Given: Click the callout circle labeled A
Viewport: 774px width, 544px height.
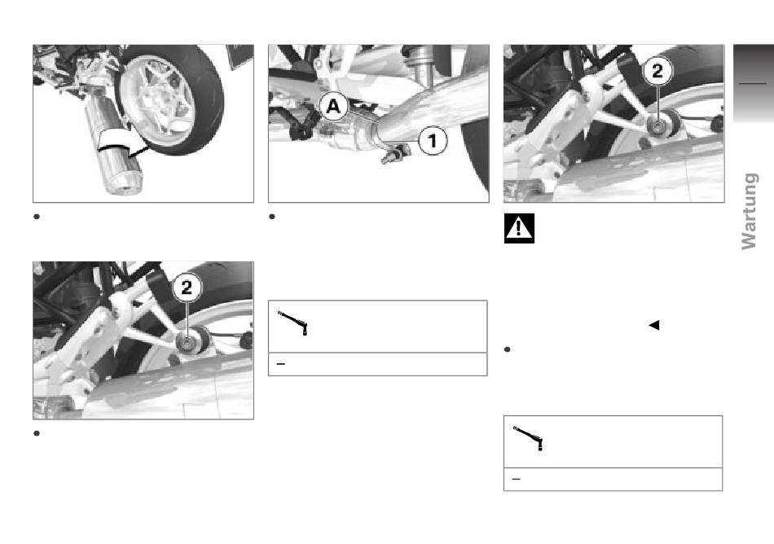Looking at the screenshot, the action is click(x=333, y=107).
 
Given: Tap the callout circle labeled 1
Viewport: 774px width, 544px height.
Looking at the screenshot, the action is click(x=433, y=141).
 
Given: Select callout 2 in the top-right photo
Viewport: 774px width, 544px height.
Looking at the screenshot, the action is click(x=657, y=71).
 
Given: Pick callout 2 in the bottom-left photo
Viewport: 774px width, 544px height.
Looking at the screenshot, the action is click(x=187, y=287).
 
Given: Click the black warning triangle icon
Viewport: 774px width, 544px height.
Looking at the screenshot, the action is click(x=519, y=228).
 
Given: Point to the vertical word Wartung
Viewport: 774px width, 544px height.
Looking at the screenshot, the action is click(x=750, y=211).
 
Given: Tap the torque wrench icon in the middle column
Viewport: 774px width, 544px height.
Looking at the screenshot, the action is click(x=293, y=323).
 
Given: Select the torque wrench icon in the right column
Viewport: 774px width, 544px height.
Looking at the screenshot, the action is click(x=529, y=438).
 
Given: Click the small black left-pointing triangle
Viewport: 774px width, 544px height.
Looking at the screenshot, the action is click(x=654, y=325).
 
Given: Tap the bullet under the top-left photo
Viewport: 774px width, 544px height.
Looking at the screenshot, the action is click(x=37, y=217).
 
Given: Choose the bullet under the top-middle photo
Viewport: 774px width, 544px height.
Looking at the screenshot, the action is click(x=272, y=217).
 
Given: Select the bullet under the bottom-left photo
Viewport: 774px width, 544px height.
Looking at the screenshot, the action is click(x=37, y=433).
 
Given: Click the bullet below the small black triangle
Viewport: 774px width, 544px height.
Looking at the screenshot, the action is click(x=507, y=349).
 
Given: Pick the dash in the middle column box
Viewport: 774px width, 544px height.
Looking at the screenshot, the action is click(x=281, y=365).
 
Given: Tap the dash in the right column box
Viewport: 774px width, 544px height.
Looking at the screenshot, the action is click(x=517, y=480).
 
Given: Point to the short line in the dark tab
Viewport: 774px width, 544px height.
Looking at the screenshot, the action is click(x=752, y=83).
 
